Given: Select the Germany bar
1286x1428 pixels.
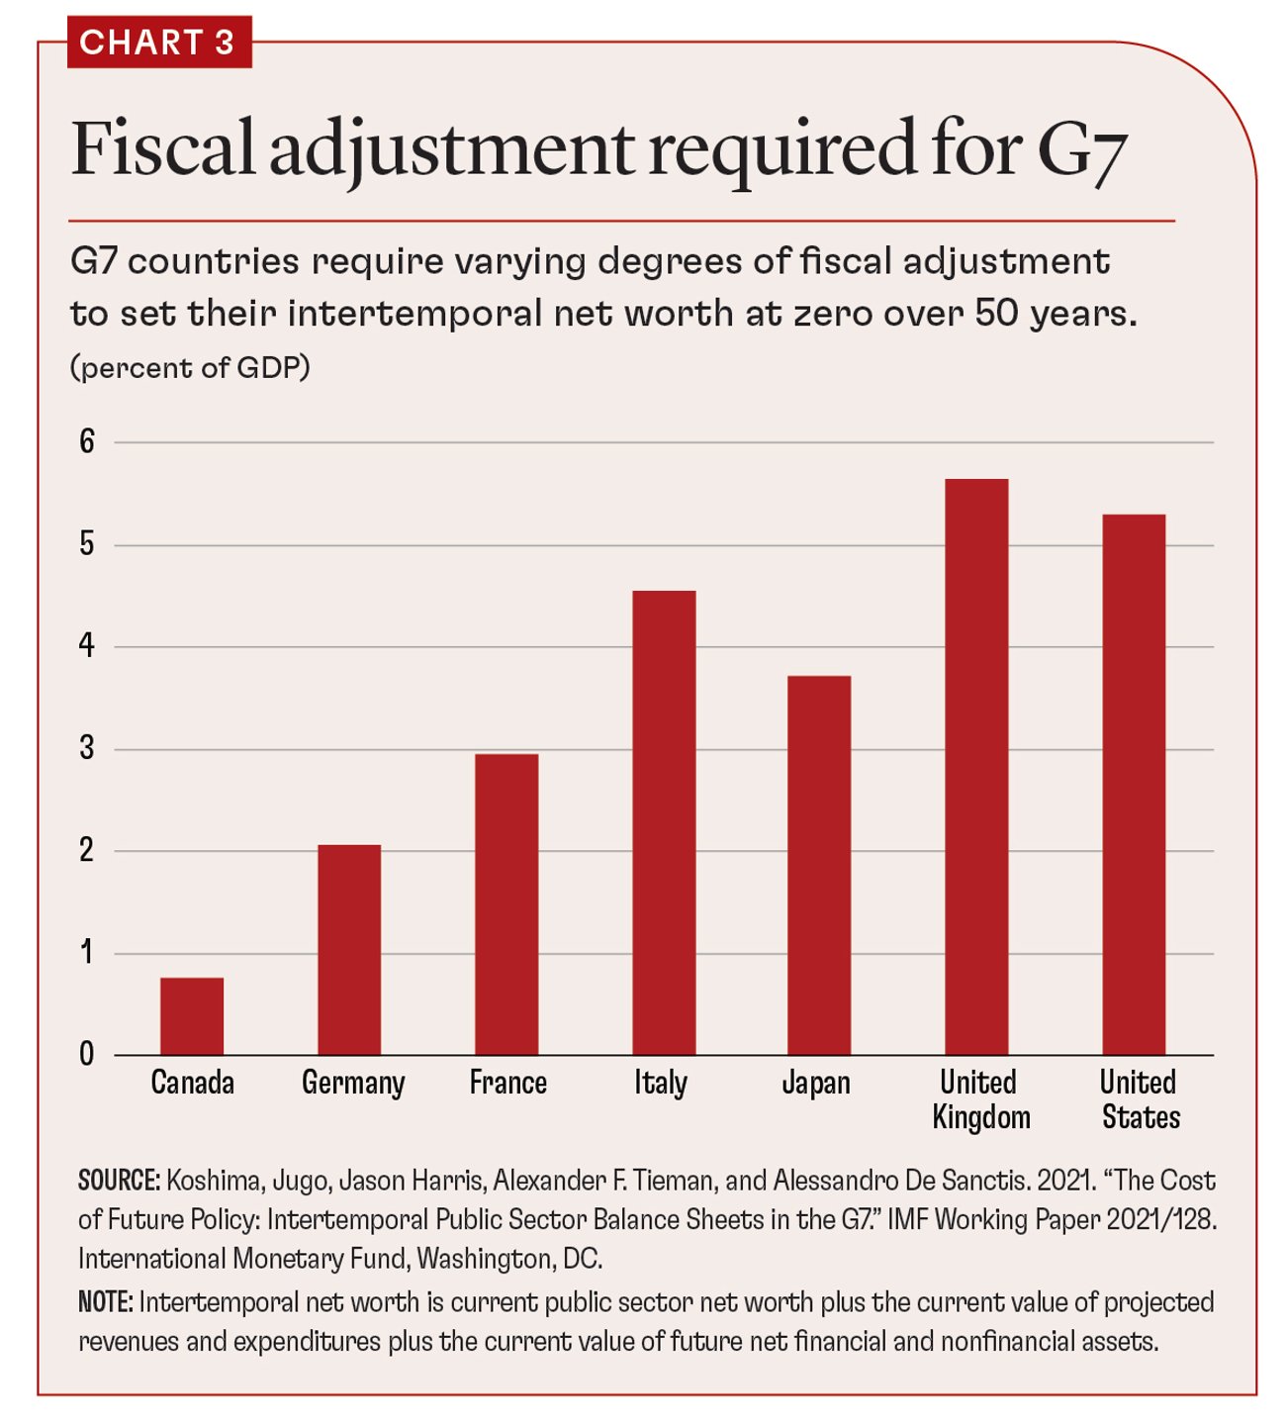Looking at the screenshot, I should tap(349, 949).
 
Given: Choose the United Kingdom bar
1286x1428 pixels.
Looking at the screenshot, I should tap(976, 767).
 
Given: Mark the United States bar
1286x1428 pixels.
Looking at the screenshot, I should tap(1134, 784).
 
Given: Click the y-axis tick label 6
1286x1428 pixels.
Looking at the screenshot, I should tap(87, 441).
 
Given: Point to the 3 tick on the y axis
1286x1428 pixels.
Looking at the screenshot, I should tap(87, 748).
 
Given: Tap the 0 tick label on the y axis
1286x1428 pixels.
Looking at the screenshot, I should tap(87, 1054).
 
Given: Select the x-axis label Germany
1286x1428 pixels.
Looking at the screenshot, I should tap(353, 1083).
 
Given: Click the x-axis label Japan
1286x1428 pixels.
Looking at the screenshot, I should tap(816, 1083).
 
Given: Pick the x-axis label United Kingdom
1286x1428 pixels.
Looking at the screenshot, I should tap(980, 1099).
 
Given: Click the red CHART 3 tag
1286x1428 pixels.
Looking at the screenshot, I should tap(158, 43).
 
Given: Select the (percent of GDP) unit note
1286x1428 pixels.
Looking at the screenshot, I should tap(190, 368).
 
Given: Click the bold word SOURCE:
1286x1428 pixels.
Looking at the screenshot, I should tap(119, 1181).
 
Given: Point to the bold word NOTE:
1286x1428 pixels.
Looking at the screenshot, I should tap(105, 1302).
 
